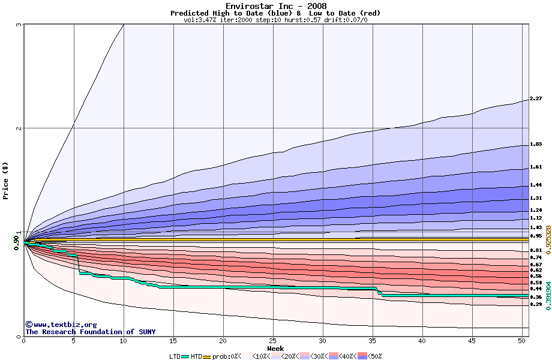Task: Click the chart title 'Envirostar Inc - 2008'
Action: tap(276, 6)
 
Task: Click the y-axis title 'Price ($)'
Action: tap(6, 180)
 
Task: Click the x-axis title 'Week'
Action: tap(275, 349)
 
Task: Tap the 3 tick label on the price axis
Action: tap(19, 25)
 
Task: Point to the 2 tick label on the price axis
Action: tap(19, 128)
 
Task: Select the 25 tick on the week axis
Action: tap(273, 341)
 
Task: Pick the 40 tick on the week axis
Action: tap(422, 341)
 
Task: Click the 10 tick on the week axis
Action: tap(124, 341)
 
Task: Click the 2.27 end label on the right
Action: tap(536, 98)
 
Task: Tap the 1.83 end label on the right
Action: tap(536, 145)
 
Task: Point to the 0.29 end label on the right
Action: tap(536, 304)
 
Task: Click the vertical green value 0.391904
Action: tap(547, 292)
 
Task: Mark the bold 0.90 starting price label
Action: tap(16, 241)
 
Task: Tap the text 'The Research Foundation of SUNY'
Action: tap(90, 332)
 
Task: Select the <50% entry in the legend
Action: tap(370, 356)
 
